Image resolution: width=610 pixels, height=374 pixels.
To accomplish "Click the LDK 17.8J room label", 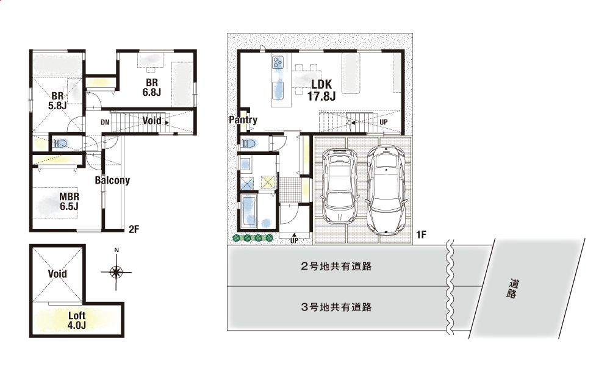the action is pyautogui.click(x=321, y=90).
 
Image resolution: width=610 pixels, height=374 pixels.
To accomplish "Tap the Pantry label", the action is pyautogui.click(x=243, y=120).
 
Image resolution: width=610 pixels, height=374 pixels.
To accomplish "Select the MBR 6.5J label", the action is pyautogui.click(x=70, y=201).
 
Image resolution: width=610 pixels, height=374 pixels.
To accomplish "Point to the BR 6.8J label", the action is pyautogui.click(x=152, y=87).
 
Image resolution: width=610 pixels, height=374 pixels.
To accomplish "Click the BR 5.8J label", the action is pyautogui.click(x=57, y=101).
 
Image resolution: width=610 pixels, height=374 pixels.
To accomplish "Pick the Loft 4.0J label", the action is pyautogui.click(x=77, y=320).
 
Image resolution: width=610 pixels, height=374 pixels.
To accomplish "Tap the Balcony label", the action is pyautogui.click(x=112, y=180).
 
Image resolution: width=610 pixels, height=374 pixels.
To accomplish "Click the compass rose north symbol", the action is pyautogui.click(x=116, y=272).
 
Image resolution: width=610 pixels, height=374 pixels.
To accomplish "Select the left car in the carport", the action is pyautogui.click(x=340, y=186).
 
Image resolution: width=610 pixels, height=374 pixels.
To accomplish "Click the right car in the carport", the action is pyautogui.click(x=387, y=190).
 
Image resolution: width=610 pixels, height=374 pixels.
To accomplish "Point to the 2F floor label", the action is pyautogui.click(x=134, y=229).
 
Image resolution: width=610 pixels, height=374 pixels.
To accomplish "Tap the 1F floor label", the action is pyautogui.click(x=421, y=234).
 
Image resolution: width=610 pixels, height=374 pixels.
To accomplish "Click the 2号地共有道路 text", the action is pyautogui.click(x=336, y=266).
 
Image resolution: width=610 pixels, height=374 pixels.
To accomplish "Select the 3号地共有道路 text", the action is pyautogui.click(x=336, y=307).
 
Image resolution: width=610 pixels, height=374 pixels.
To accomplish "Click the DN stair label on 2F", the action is pyautogui.click(x=105, y=122).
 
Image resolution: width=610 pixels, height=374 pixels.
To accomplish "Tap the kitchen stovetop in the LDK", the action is pyautogui.click(x=278, y=62).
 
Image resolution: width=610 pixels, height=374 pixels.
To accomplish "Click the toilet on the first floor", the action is pyautogui.click(x=248, y=143).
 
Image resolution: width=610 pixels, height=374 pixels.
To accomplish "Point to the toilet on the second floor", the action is pyautogui.click(x=60, y=143).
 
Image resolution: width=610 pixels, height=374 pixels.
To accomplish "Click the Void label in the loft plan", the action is pyautogui.click(x=57, y=273).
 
